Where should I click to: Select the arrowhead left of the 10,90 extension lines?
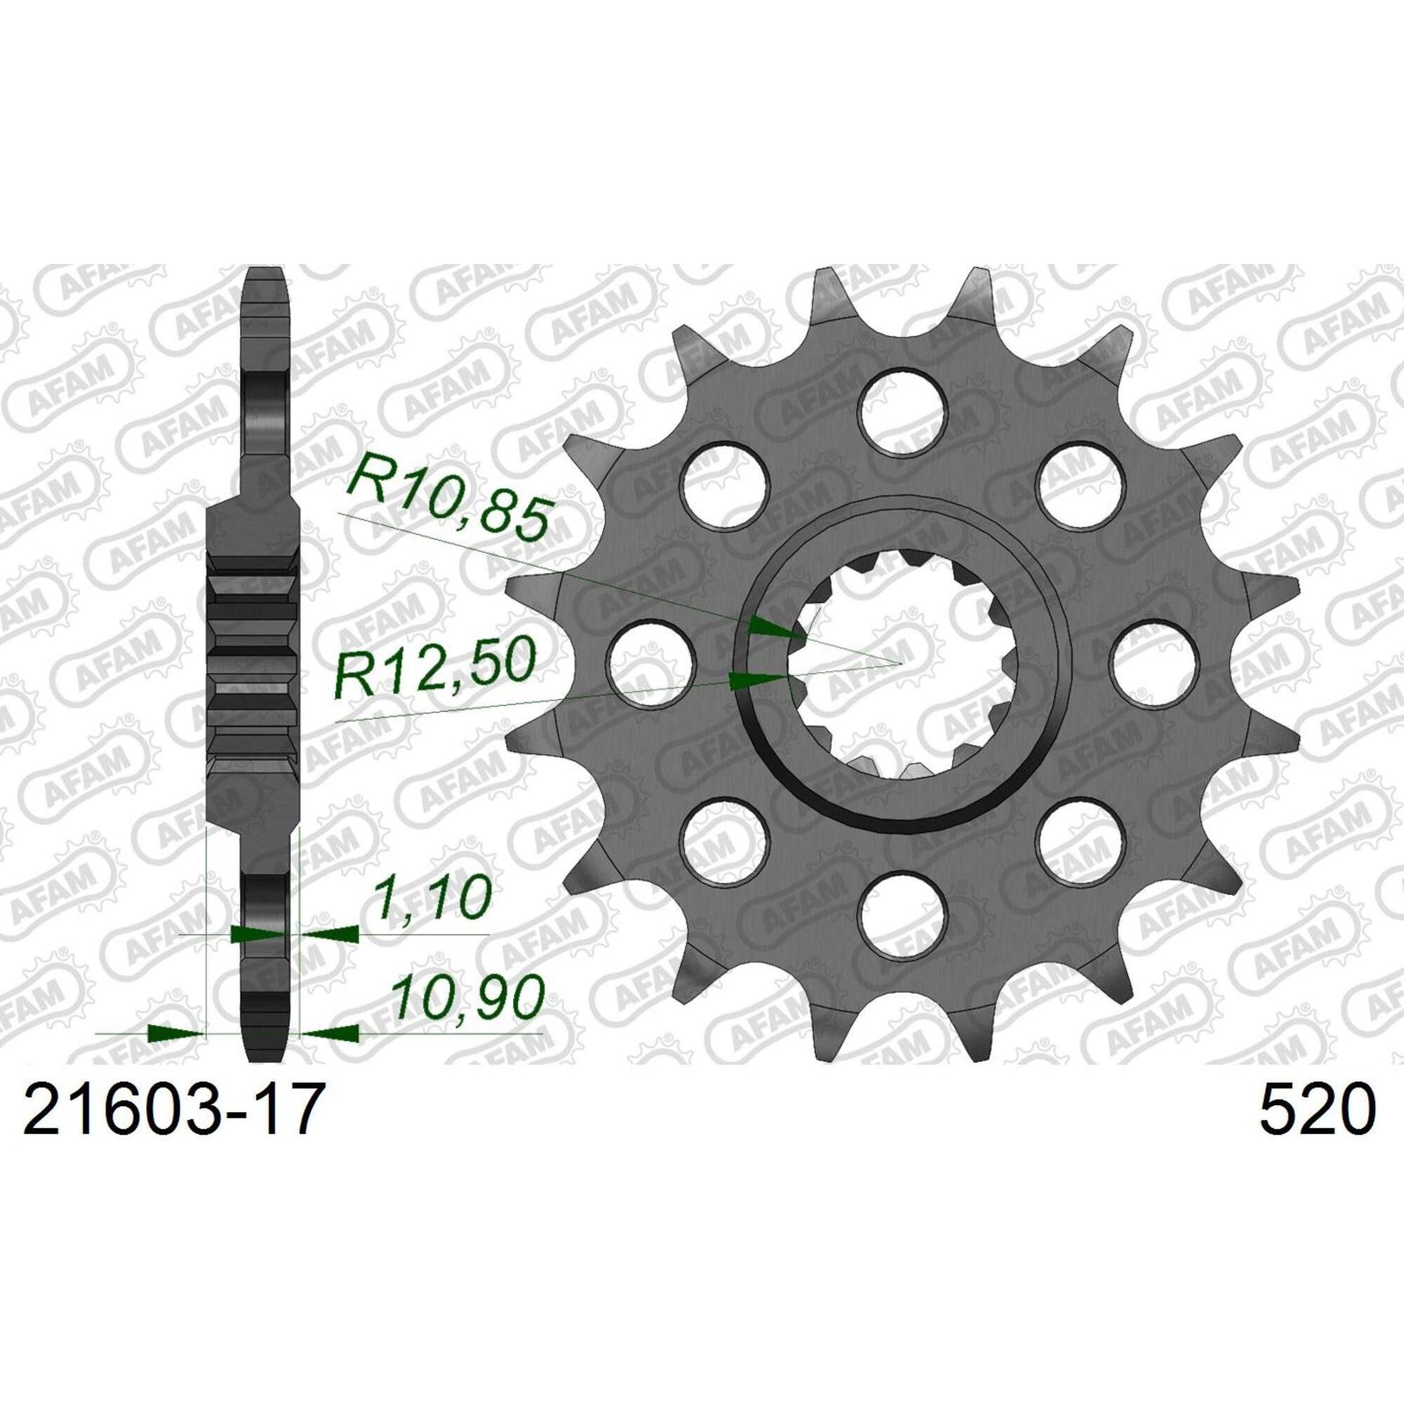[x=174, y=1033]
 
